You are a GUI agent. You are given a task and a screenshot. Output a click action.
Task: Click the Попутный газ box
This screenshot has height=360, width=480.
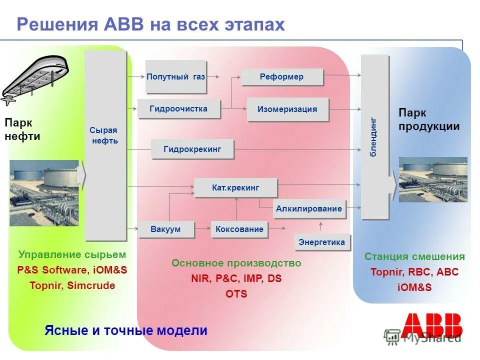click(x=176, y=76)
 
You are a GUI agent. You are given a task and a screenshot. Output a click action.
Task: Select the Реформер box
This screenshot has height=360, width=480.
click(x=282, y=76)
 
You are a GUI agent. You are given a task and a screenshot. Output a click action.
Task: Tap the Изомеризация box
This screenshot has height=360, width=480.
click(x=287, y=109)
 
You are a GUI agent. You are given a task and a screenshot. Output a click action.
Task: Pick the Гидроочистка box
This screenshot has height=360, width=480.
click(x=178, y=108)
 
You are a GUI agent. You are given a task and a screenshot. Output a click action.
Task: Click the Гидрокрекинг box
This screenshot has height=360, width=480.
click(x=192, y=148)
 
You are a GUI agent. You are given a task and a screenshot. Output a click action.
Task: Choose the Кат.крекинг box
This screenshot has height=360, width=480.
click(x=235, y=187)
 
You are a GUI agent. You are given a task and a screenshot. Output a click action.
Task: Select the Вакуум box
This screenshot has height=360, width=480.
click(x=165, y=229)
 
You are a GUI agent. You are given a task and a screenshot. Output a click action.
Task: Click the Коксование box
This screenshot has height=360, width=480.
click(x=239, y=229)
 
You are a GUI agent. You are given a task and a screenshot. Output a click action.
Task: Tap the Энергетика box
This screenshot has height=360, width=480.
click(x=321, y=242)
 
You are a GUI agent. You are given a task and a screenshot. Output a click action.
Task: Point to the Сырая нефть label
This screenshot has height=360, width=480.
click(x=104, y=135)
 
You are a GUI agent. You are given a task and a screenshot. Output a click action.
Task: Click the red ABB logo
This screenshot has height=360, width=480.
click(x=431, y=325)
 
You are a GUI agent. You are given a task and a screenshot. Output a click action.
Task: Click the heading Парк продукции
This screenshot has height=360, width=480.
click(x=428, y=120)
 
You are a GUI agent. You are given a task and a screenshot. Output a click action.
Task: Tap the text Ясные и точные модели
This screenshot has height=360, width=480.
click(x=126, y=330)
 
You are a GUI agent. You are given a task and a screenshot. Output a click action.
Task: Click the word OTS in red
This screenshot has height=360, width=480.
click(x=236, y=294)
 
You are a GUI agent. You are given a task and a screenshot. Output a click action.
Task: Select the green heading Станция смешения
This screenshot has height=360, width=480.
click(x=414, y=256)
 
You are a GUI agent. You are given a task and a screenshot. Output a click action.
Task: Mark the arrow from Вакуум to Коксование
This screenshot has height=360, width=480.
click(x=202, y=228)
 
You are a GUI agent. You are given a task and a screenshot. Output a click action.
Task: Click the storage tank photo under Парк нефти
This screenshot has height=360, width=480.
click(x=44, y=192)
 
